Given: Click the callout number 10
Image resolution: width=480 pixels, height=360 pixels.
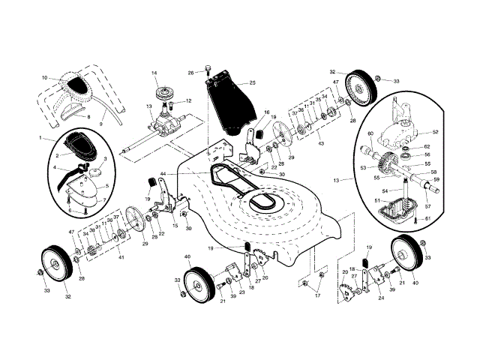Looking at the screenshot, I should coord(44,78).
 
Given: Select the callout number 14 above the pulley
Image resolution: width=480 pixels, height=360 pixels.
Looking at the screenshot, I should coord(154,73).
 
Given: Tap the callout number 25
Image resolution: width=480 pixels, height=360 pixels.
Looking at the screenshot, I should coord(253,82).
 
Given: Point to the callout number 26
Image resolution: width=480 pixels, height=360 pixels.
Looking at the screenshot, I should coord(190,73).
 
